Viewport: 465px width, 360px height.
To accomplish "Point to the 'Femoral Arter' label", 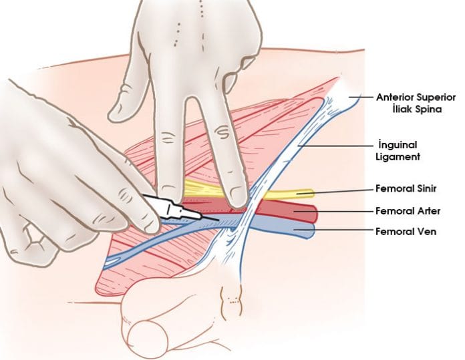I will tap(407, 211).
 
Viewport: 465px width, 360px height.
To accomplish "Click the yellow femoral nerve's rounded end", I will tap(308, 194).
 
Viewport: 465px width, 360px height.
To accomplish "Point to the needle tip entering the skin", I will tap(218, 220).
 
